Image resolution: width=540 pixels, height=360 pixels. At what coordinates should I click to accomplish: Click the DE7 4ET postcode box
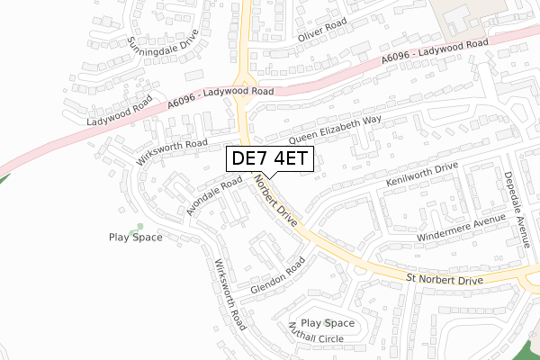(x=268, y=159)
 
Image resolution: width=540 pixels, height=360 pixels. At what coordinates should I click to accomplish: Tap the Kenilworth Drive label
(x=422, y=176)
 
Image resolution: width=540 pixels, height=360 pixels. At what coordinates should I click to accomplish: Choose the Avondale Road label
(x=214, y=195)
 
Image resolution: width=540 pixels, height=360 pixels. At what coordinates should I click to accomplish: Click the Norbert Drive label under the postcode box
(x=275, y=202)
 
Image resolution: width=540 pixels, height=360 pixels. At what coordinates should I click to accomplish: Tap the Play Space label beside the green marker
(x=135, y=238)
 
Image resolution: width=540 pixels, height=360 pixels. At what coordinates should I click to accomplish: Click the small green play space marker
(x=138, y=225)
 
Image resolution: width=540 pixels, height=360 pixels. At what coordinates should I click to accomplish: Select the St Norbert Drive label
(x=445, y=281)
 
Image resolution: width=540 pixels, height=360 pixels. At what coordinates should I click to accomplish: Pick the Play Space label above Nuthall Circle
(x=328, y=323)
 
